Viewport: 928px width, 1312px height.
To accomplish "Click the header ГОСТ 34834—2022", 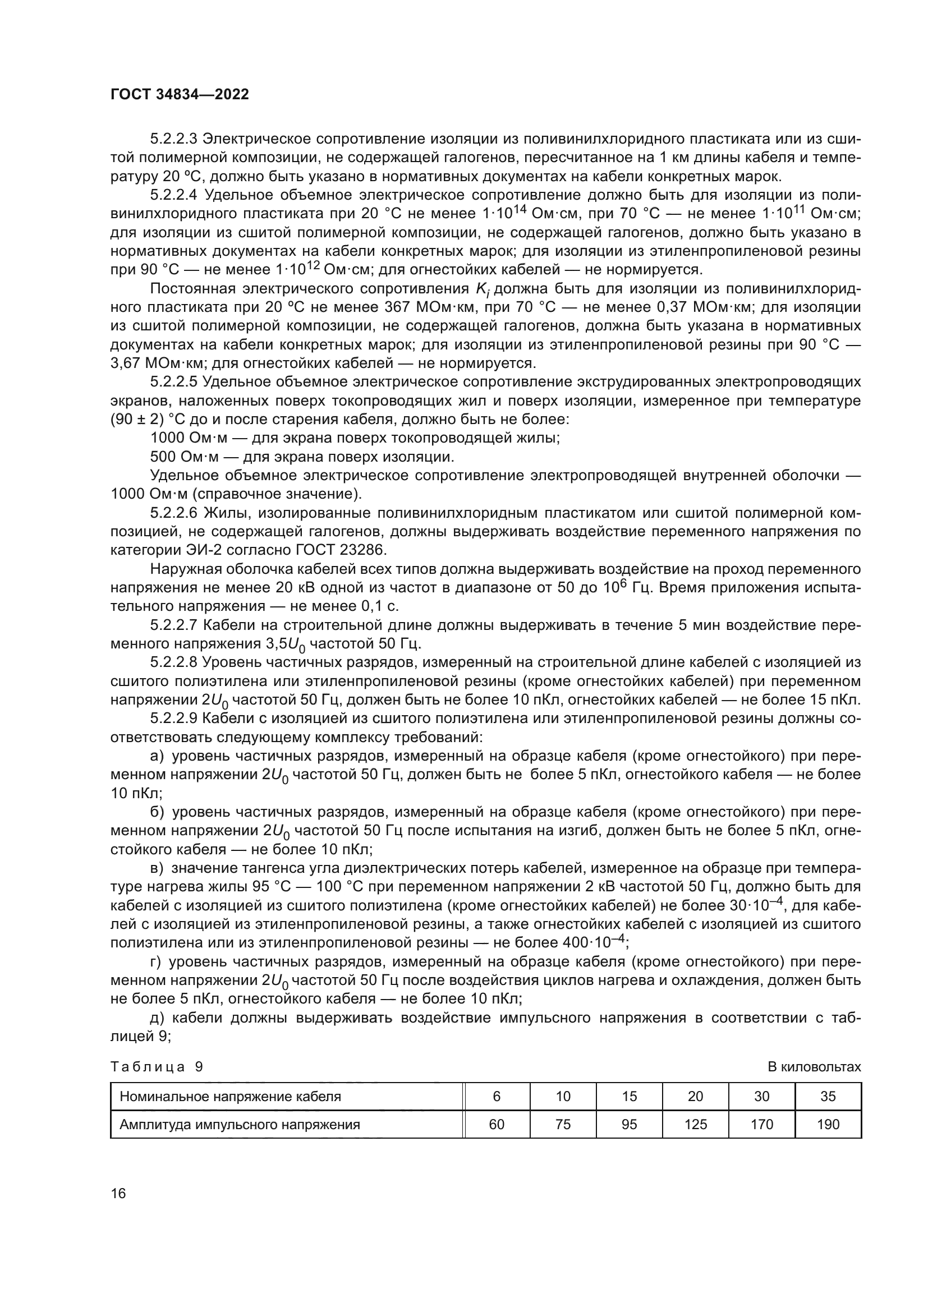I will coord(180,95).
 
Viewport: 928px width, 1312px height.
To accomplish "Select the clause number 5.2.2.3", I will coord(173,139).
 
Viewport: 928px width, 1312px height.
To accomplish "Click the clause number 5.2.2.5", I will coord(173,383).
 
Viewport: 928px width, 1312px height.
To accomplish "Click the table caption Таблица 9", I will coord(157,1067).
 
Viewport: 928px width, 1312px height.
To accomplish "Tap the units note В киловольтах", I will coord(814,1067).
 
